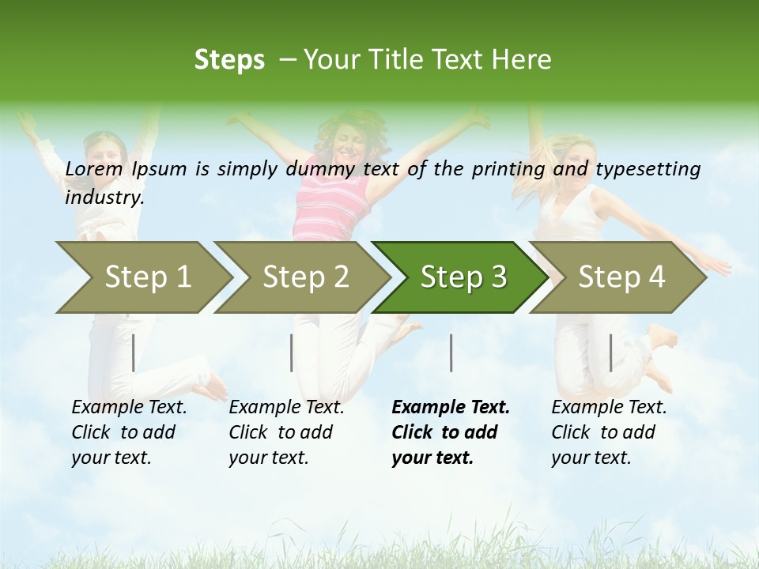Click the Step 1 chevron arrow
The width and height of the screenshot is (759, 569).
click(x=142, y=277)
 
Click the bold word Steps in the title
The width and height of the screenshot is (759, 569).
click(x=229, y=60)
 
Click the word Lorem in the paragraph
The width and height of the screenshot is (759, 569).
click(x=94, y=168)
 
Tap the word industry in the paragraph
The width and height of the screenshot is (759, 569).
click(x=104, y=198)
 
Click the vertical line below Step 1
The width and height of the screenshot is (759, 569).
click(x=134, y=352)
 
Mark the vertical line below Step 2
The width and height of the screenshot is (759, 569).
click(x=292, y=352)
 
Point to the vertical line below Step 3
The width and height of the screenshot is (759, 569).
click(x=451, y=352)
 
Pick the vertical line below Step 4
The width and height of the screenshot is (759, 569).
click(x=610, y=352)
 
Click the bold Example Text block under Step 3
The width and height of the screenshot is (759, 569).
click(x=451, y=432)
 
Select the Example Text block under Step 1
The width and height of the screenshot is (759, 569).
click(x=129, y=432)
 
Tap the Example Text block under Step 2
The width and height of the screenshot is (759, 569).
click(x=286, y=432)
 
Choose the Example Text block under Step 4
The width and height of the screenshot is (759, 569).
click(x=609, y=432)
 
